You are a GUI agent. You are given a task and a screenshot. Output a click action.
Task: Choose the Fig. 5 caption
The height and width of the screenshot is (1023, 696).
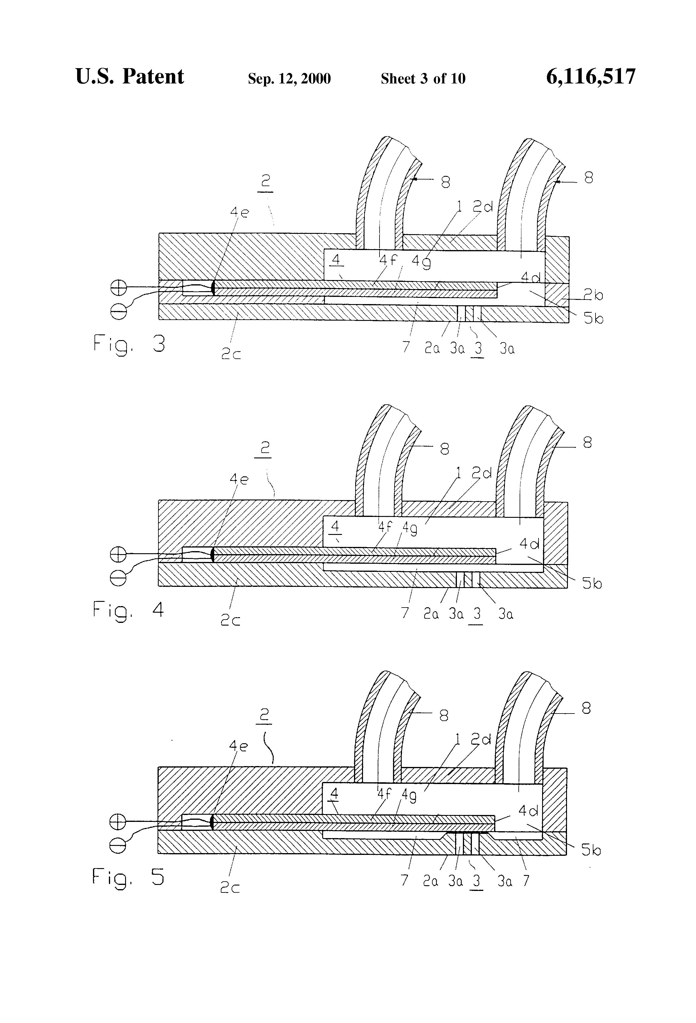tap(128, 877)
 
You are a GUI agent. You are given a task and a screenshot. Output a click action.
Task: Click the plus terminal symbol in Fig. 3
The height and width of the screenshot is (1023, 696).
tap(118, 288)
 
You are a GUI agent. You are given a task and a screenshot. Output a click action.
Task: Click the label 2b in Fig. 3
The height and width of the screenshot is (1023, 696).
tap(593, 295)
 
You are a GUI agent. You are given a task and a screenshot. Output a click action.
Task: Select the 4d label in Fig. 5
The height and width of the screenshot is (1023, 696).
tap(528, 810)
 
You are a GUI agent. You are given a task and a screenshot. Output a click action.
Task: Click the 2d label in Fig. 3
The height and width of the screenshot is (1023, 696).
tap(483, 207)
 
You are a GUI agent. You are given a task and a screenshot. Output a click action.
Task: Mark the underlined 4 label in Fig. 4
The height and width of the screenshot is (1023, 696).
tap(335, 527)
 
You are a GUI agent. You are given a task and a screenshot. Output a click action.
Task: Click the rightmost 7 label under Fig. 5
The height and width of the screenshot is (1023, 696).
tap(526, 880)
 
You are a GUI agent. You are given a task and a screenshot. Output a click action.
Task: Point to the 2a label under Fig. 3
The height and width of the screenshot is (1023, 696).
tap(432, 349)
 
